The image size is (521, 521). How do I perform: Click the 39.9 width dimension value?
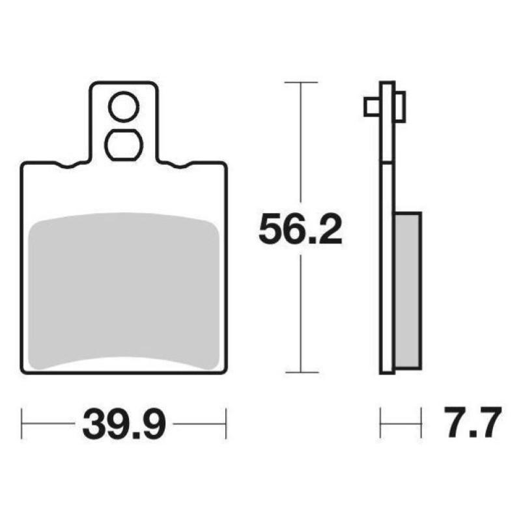point(124,424)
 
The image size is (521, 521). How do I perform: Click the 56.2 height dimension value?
point(300,229)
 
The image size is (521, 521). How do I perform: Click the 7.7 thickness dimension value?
point(473,423)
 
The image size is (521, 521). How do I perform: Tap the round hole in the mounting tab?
point(124,107)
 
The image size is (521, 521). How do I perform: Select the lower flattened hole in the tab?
point(124,145)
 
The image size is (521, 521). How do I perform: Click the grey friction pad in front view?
point(124,291)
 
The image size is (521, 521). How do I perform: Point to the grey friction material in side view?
point(408,290)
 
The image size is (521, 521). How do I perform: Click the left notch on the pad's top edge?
point(68,165)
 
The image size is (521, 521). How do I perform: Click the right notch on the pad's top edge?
point(180,165)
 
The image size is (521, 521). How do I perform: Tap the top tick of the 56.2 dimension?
point(301,82)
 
